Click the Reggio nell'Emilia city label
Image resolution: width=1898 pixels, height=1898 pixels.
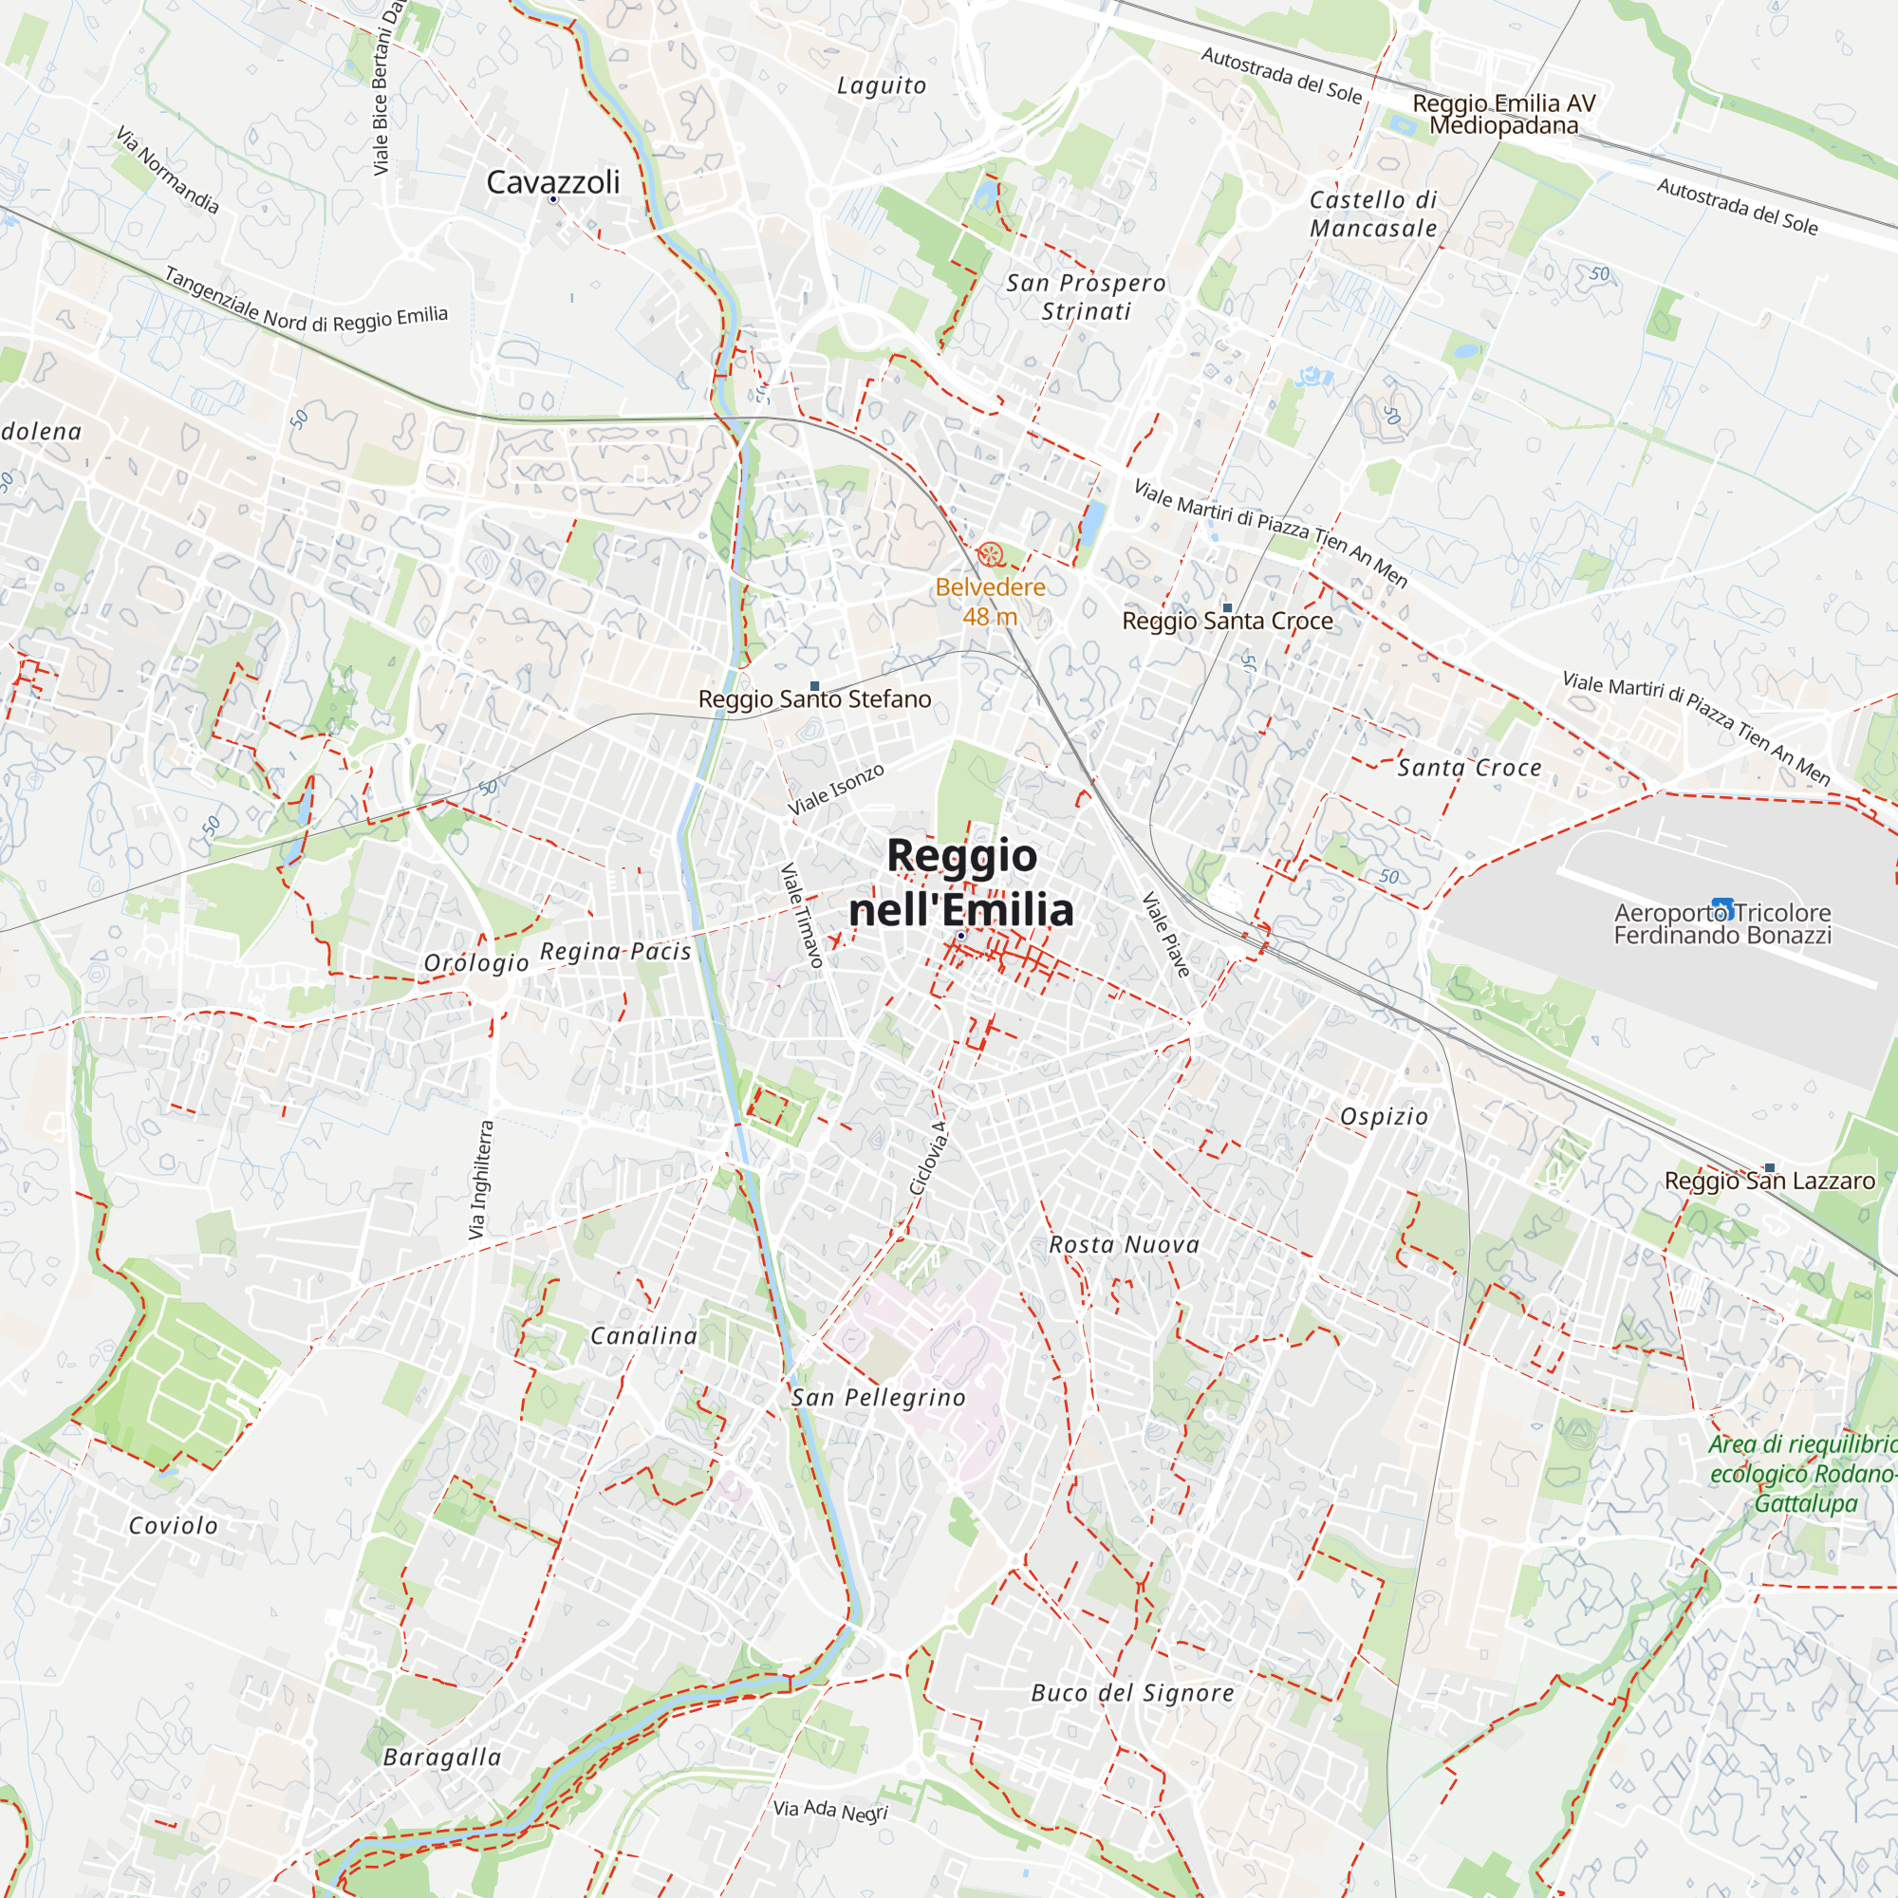pyautogui.click(x=960, y=883)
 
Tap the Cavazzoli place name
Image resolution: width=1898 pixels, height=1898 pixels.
pyautogui.click(x=553, y=182)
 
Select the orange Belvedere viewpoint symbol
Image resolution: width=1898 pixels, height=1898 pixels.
pyautogui.click(x=990, y=554)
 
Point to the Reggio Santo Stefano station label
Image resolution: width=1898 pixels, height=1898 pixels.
pyautogui.click(x=814, y=698)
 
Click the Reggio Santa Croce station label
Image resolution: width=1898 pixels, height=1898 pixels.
pyautogui.click(x=1227, y=621)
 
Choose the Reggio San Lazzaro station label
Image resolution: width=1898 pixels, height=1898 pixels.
pyautogui.click(x=1769, y=1181)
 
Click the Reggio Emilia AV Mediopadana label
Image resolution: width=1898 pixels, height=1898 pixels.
pyautogui.click(x=1503, y=114)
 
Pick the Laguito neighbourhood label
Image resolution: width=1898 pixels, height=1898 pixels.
pyautogui.click(x=882, y=86)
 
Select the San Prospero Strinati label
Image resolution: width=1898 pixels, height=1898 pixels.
pyautogui.click(x=1086, y=297)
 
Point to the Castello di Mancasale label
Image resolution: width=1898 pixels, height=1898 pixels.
pyautogui.click(x=1372, y=214)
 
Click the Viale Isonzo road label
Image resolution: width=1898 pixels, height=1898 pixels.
pyautogui.click(x=836, y=789)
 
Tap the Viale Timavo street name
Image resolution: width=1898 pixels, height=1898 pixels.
pyautogui.click(x=801, y=915)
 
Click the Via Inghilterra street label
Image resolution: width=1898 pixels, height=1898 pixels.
pyautogui.click(x=480, y=1179)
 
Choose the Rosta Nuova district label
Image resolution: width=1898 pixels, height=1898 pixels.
pyautogui.click(x=1124, y=1245)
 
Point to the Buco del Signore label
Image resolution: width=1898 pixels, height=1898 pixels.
pyautogui.click(x=1132, y=1693)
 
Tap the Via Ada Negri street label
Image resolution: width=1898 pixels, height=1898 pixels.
pyautogui.click(x=830, y=1811)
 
